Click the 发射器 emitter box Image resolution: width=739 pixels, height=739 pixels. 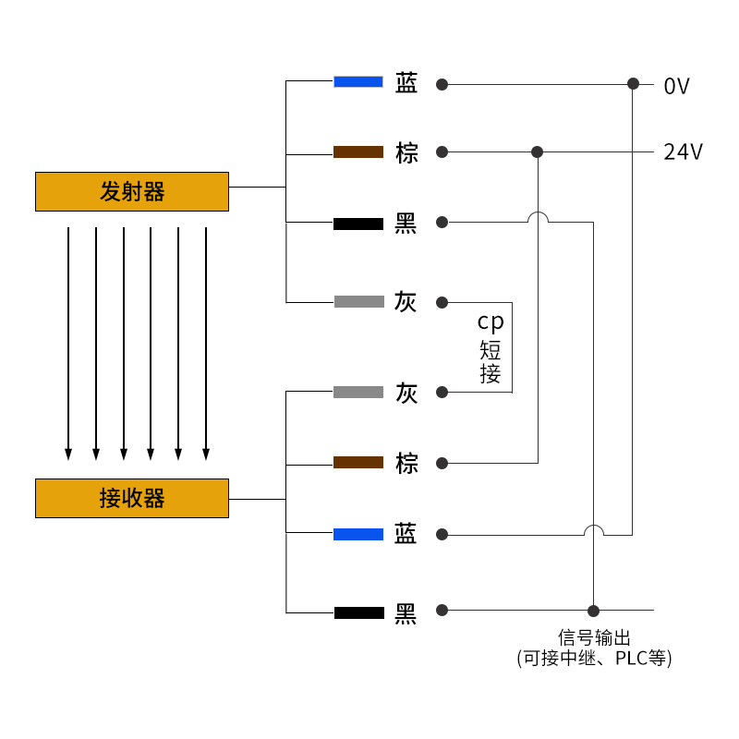[x=132, y=191]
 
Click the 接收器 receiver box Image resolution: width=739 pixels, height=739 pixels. [x=132, y=498]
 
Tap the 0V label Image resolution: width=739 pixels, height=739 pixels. [x=677, y=87]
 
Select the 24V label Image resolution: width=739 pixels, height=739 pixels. [x=684, y=152]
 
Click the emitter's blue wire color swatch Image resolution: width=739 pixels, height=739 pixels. [x=358, y=81]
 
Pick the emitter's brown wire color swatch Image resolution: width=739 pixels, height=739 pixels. [x=358, y=151]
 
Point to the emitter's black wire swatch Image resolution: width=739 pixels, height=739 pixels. [x=358, y=224]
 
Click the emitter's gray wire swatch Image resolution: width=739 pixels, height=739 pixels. [x=358, y=301]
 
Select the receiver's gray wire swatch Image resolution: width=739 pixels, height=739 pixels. [x=358, y=392]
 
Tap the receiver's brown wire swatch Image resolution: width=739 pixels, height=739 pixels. [x=358, y=462]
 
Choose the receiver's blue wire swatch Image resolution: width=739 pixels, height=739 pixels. [x=358, y=534]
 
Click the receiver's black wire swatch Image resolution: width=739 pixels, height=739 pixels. [x=358, y=612]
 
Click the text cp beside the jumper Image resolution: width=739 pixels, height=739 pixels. [x=491, y=322]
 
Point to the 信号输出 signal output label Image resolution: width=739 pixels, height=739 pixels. [x=594, y=637]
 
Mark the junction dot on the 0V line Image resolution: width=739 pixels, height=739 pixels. [x=633, y=84]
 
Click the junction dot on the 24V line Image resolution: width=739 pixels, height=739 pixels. [x=538, y=151]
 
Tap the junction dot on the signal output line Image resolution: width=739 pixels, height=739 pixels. [x=594, y=611]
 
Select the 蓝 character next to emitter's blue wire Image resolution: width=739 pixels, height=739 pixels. [x=406, y=83]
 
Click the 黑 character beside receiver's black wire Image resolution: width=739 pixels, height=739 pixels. [x=406, y=612]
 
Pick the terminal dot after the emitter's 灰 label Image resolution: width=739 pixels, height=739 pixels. [x=442, y=302]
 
